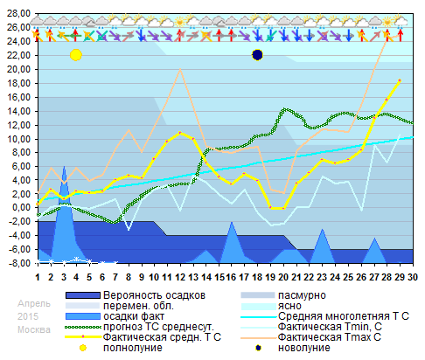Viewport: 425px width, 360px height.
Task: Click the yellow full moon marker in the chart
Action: pyautogui.click(x=75, y=55)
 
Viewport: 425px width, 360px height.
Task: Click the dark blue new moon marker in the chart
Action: pyautogui.click(x=257, y=55)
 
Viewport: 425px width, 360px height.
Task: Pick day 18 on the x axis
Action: pyautogui.click(x=256, y=277)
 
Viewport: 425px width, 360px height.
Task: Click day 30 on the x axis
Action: pyautogui.click(x=412, y=277)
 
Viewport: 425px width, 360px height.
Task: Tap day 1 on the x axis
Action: pyautogui.click(x=38, y=277)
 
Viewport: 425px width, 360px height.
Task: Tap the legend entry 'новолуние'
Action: pyautogui.click(x=303, y=347)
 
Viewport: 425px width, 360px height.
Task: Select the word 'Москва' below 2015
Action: pyautogui.click(x=34, y=329)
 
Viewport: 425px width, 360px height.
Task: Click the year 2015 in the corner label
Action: pyautogui.click(x=29, y=315)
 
